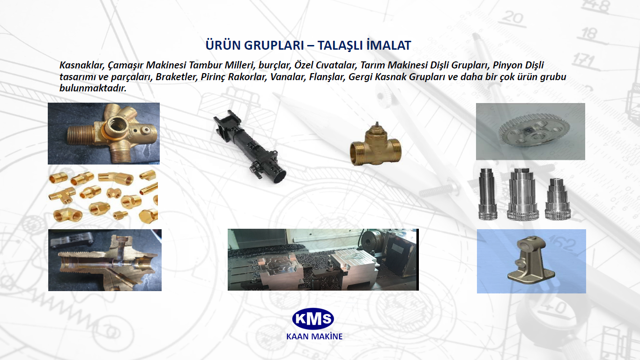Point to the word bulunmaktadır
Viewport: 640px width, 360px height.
[93, 88]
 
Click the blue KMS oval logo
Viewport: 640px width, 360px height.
[313, 319]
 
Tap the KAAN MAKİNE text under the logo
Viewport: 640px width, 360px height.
[314, 336]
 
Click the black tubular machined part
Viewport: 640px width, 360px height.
[249, 146]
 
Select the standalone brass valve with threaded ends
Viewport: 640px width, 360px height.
[376, 145]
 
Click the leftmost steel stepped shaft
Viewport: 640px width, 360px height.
[487, 194]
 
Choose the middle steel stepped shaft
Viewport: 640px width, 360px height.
[522, 194]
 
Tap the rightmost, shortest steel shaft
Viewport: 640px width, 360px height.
[558, 199]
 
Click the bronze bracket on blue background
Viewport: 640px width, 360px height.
[531, 260]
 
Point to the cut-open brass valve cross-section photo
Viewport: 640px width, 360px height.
[105, 260]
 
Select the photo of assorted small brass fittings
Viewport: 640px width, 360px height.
[103, 197]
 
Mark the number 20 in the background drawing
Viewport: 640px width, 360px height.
[513, 18]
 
